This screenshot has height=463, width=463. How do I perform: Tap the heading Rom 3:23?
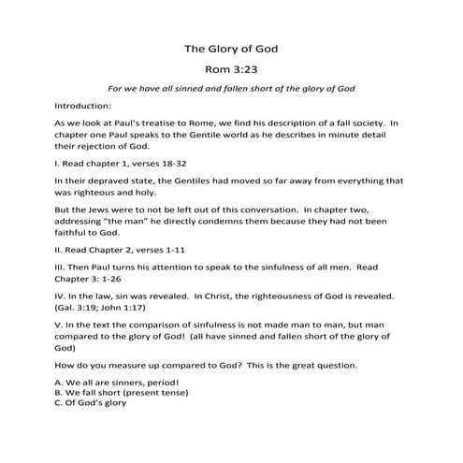[231, 69]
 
